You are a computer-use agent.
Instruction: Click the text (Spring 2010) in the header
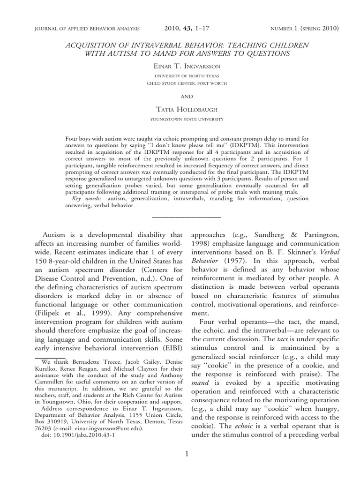tap(319, 29)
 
